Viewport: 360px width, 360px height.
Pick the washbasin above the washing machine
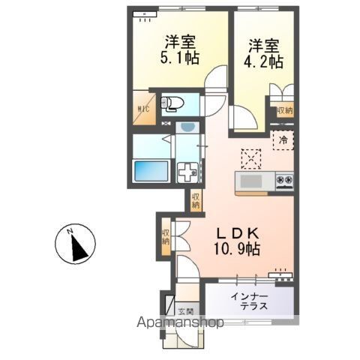184,130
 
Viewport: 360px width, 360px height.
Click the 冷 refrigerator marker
284,140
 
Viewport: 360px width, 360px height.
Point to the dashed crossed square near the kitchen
250,158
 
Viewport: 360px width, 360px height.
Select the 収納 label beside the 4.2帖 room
284,111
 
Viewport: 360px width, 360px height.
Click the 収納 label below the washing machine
196,200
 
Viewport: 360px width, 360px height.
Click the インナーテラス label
250,302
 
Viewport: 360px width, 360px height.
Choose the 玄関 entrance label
185,310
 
